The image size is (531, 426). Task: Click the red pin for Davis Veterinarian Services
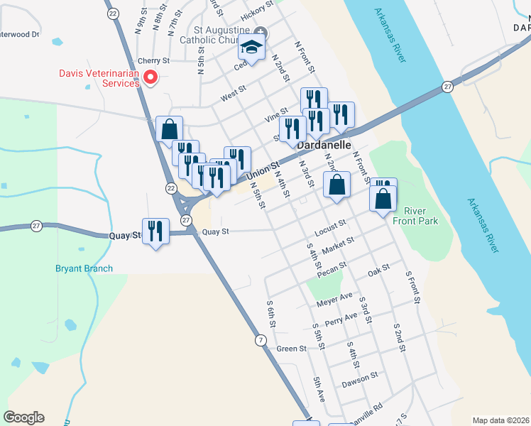pos(150,77)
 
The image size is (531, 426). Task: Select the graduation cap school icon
pos(251,48)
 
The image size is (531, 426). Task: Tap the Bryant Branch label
pos(84,268)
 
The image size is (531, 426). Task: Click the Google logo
pos(23,417)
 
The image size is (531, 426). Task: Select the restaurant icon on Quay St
pos(155,231)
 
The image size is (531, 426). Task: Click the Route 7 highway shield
pos(262,342)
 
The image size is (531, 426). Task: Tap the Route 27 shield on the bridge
pos(447,87)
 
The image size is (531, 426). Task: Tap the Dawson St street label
pos(363,380)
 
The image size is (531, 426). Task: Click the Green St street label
pos(291,349)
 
